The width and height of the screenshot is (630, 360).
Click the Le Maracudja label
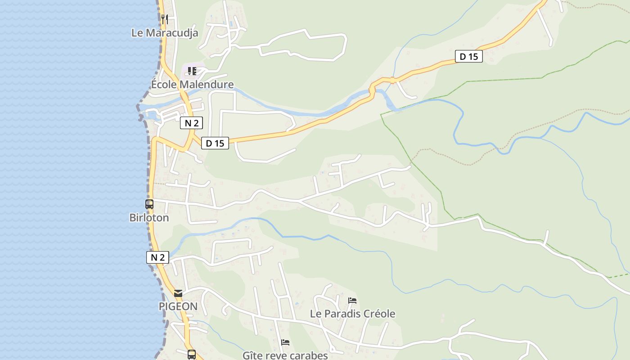pyautogui.click(x=165, y=33)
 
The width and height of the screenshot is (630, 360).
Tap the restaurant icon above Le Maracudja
pyautogui.click(x=165, y=19)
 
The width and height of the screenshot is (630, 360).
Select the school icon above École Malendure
pyautogui.click(x=192, y=71)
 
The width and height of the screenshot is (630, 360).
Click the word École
pyautogui.click(x=164, y=85)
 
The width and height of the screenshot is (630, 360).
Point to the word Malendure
pyautogui.click(x=207, y=85)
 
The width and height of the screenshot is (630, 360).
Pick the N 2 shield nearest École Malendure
pyautogui.click(x=191, y=123)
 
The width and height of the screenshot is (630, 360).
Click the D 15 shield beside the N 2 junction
pyautogui.click(x=215, y=143)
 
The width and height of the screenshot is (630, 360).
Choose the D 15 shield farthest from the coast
pyautogui.click(x=468, y=56)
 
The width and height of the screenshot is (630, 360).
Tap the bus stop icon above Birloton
pyautogui.click(x=149, y=204)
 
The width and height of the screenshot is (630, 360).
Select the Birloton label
pyautogui.click(x=149, y=218)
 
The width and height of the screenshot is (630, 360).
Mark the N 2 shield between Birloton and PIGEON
pyautogui.click(x=157, y=257)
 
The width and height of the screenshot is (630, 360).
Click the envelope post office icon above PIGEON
pyautogui.click(x=178, y=293)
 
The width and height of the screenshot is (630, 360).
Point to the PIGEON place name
pyautogui.click(x=178, y=306)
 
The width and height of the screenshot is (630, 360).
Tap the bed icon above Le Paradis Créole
pyautogui.click(x=352, y=300)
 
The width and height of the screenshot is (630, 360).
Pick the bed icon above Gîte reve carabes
pyautogui.click(x=285, y=342)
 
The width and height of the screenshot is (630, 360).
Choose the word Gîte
pyautogui.click(x=252, y=355)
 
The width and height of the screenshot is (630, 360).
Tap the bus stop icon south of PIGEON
pyautogui.click(x=192, y=354)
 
